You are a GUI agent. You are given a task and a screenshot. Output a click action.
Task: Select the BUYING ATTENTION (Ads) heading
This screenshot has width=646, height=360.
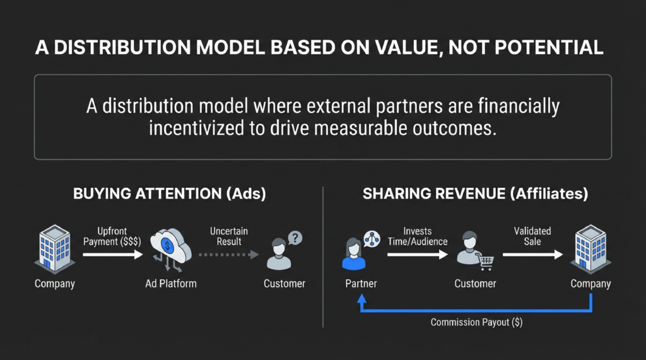[170, 194]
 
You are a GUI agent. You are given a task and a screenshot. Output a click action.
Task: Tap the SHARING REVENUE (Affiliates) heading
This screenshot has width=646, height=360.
[476, 194]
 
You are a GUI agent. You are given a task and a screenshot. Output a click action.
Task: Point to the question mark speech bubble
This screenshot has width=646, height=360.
[295, 238]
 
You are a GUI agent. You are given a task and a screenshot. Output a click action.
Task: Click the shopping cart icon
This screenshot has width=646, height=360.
[486, 261]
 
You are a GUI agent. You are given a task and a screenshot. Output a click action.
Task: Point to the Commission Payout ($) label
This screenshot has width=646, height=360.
[476, 322]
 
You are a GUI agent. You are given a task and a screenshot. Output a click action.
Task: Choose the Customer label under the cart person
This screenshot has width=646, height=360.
[475, 284]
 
